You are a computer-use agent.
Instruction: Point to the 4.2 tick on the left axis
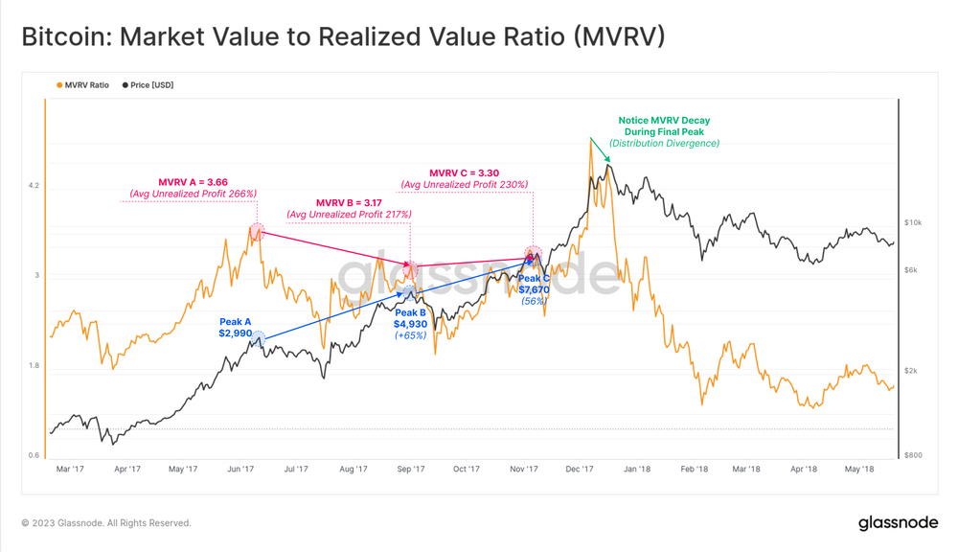(34, 186)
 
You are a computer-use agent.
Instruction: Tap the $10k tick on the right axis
(912, 222)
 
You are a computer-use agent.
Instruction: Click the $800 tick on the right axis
(912, 455)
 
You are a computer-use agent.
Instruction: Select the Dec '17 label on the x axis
(579, 470)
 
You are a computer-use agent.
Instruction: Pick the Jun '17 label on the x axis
(240, 470)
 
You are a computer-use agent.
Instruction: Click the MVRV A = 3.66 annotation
(193, 182)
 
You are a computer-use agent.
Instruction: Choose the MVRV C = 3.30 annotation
(464, 173)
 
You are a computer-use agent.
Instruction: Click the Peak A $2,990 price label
(235, 328)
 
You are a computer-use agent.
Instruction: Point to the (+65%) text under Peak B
(410, 335)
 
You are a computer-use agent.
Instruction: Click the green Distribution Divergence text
(664, 144)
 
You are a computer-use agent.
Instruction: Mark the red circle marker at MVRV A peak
(257, 231)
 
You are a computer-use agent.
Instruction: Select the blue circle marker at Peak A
(258, 336)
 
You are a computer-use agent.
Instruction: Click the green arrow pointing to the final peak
(600, 150)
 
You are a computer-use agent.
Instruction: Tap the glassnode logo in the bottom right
(898, 522)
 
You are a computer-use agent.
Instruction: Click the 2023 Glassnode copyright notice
(106, 523)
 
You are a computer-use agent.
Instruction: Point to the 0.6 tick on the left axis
(34, 455)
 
